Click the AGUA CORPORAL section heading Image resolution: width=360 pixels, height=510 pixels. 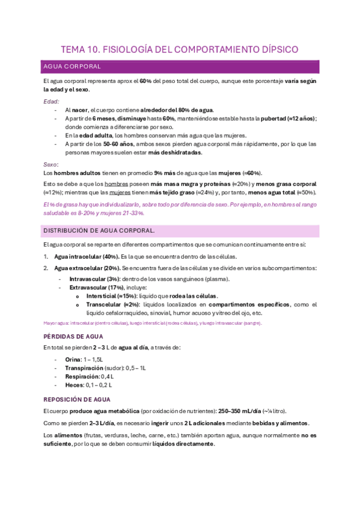[72, 66]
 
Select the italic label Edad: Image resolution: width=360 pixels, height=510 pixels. [51, 102]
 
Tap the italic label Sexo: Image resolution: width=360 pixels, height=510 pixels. [51, 164]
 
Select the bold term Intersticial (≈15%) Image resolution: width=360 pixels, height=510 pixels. [112, 296]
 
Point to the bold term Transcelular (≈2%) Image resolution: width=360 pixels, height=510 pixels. [112, 305]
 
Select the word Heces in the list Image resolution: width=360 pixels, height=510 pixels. [73, 384]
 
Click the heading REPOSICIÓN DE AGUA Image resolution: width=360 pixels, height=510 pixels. [78, 399]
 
